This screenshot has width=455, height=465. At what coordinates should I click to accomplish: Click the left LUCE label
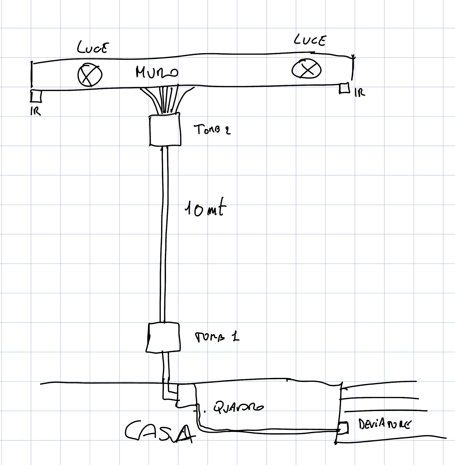(x=93, y=48)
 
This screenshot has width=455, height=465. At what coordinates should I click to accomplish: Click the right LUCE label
(x=310, y=40)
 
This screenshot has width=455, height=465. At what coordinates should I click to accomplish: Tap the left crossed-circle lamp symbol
(x=90, y=75)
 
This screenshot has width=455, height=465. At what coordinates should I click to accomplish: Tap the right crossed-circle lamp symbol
(x=306, y=69)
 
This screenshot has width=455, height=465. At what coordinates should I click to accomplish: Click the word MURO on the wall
(x=157, y=72)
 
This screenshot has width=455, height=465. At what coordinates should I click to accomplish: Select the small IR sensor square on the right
(x=344, y=88)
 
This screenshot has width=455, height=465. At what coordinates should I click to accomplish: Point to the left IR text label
(x=36, y=111)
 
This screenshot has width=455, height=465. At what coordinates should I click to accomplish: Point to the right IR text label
(x=360, y=93)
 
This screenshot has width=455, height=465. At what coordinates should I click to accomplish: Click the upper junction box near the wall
(x=165, y=130)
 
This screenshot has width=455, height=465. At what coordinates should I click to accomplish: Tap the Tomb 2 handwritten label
(x=212, y=129)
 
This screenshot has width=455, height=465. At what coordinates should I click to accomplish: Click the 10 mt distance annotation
(x=205, y=209)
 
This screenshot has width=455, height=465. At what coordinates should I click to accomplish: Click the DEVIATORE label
(x=384, y=424)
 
